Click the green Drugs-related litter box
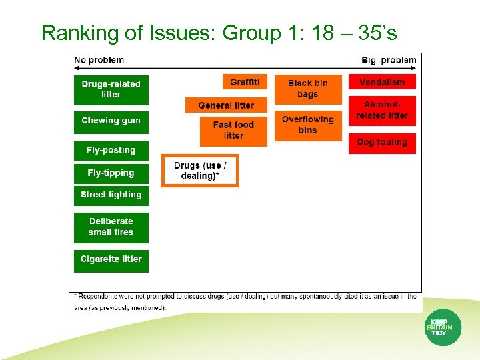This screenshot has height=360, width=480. click(111, 89)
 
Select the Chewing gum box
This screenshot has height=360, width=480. click(111, 122)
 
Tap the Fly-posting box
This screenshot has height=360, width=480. click(111, 150)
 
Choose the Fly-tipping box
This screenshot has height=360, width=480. click(111, 173)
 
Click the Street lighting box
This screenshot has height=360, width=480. click(111, 195)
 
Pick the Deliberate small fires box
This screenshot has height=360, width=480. click(111, 227)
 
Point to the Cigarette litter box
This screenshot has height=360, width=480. click(111, 259)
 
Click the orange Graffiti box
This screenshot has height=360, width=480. click(245, 82)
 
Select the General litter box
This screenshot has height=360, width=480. click(226, 105)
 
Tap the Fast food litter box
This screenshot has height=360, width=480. click(233, 131)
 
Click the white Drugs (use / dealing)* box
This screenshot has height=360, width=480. click(200, 171)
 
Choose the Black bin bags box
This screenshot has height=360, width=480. click(307, 89)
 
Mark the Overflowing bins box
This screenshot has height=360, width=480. click(307, 125)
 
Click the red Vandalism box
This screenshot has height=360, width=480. click(382, 82)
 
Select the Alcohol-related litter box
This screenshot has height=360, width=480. click(382, 111)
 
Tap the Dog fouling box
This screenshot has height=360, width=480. click(382, 143)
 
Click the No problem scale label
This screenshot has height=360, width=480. click(99, 60)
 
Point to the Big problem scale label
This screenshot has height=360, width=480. click(389, 60)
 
